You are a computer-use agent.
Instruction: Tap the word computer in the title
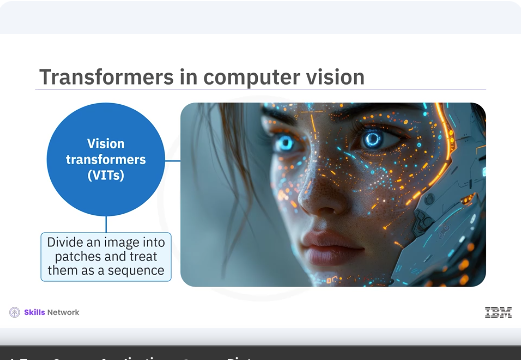click(233, 77)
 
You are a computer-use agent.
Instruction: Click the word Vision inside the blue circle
click(106, 144)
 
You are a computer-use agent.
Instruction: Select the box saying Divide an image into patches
click(106, 256)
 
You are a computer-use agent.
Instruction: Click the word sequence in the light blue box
click(135, 271)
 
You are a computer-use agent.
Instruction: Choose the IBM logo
click(497, 313)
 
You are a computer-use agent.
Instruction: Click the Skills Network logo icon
click(14, 313)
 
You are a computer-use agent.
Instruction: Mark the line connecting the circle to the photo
click(172, 159)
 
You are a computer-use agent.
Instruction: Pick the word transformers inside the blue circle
click(106, 159)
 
